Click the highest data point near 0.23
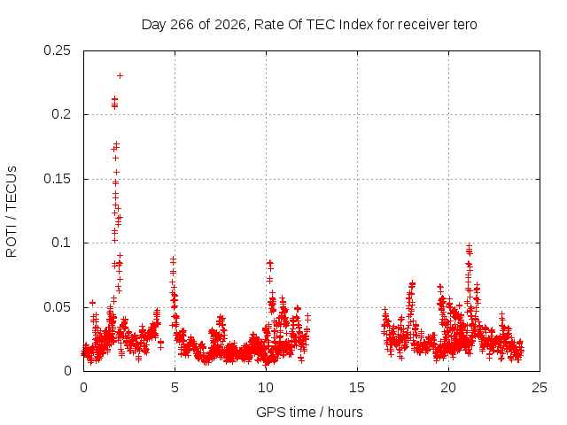(x=120, y=75)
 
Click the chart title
(x=309, y=25)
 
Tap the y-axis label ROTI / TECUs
(x=12, y=212)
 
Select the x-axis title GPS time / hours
(x=309, y=412)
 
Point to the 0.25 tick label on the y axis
(x=57, y=50)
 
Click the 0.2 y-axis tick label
(x=61, y=114)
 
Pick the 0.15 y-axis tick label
(x=57, y=179)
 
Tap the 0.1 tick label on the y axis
(x=61, y=243)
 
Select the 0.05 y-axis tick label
(x=57, y=307)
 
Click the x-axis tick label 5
(x=175, y=388)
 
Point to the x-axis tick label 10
(x=266, y=388)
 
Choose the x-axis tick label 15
(x=357, y=388)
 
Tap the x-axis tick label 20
(x=448, y=388)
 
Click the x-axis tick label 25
(x=540, y=388)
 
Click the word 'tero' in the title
(x=465, y=25)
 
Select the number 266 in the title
(x=182, y=25)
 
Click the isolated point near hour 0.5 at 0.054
(x=92, y=302)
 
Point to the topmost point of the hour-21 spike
(x=469, y=246)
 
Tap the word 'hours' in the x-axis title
(x=345, y=412)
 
